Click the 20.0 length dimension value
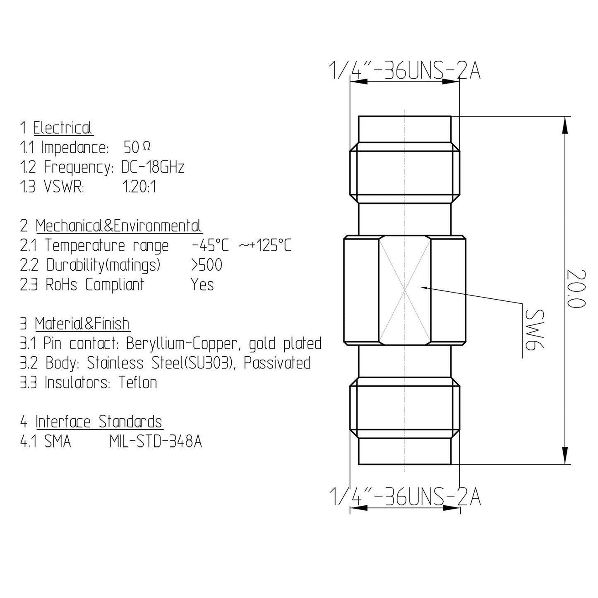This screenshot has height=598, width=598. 576,288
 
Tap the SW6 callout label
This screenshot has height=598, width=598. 534,329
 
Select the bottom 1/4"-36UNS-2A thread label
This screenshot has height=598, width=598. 405,496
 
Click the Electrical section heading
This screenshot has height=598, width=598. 63,128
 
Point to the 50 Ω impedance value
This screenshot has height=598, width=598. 137,147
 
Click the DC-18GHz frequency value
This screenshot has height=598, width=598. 153,167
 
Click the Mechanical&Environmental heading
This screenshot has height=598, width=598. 118,226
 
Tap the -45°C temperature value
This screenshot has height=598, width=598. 210,245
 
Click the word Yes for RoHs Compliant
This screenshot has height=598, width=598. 202,285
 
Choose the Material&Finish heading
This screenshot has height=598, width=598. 82,324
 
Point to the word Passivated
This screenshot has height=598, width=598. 277,363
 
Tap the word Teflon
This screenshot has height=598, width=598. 138,382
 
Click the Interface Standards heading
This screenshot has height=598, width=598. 99,422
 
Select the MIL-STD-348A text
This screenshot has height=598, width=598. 156,442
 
